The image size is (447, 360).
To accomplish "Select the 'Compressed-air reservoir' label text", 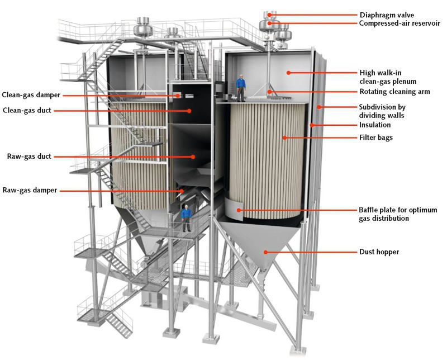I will pos(400,23).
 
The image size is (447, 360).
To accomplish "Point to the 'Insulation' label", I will pos(375,125).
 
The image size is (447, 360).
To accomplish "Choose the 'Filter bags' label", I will pos(376,137).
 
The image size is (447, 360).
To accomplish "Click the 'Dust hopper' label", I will pos(379,252).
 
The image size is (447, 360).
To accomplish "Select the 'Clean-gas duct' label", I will pos(26,111).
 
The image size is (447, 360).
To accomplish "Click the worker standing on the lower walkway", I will pos(187,219).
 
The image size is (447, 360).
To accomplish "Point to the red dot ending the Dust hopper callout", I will pos(267,252).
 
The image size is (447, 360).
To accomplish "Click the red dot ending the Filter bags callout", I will pos(284,137).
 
